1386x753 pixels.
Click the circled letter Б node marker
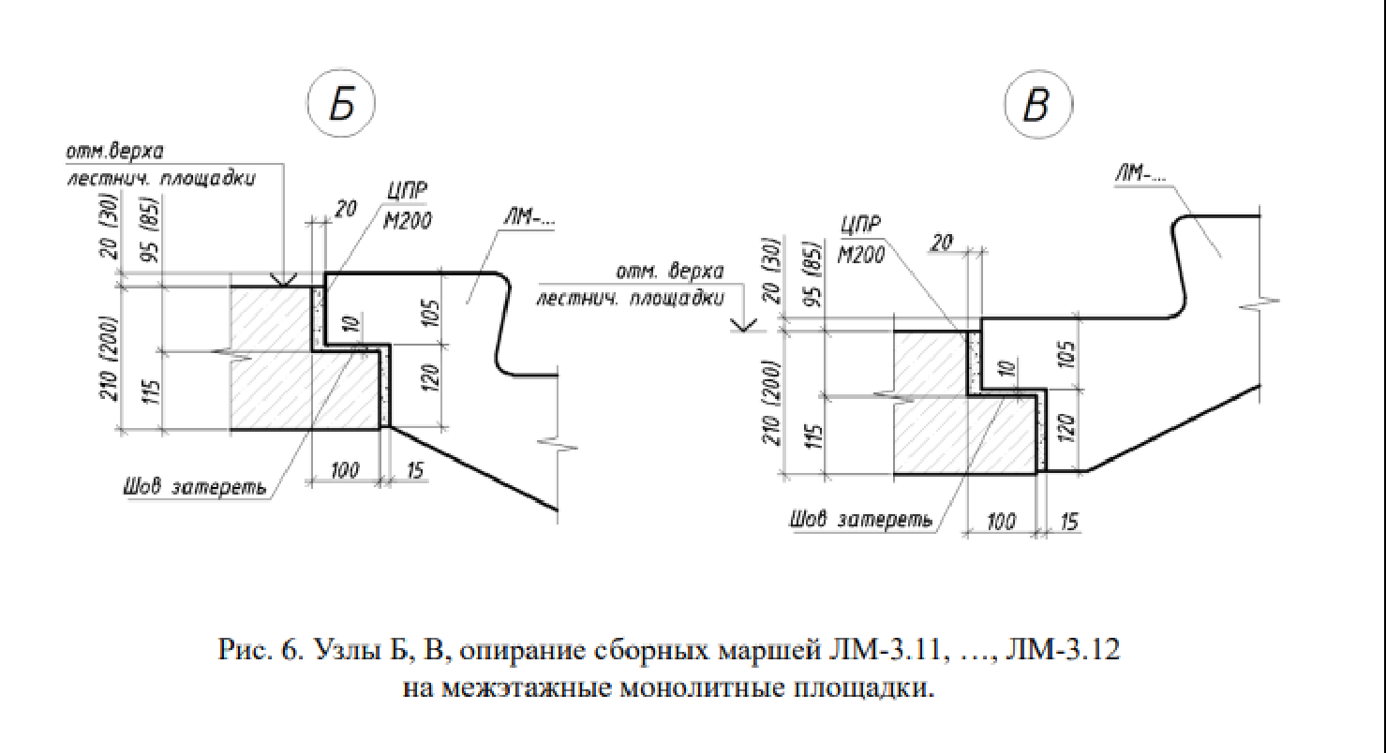(x=342, y=105)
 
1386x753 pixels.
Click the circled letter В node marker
(x=1036, y=105)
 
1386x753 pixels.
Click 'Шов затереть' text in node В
(x=861, y=519)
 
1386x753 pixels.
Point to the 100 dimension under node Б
(x=345, y=470)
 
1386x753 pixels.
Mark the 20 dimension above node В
(x=942, y=244)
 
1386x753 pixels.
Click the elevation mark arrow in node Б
(x=281, y=279)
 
